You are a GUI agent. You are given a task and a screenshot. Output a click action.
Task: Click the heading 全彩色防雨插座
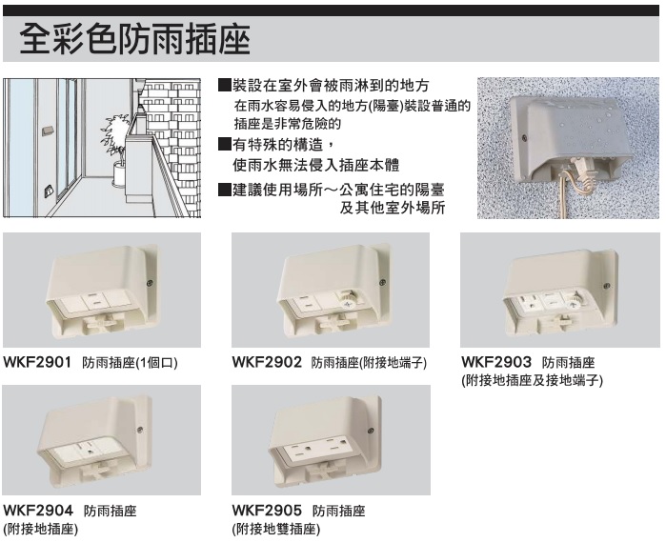point(135,39)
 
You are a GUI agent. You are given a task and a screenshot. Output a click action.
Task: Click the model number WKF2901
point(37,362)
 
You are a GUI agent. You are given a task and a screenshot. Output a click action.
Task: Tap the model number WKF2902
point(267,362)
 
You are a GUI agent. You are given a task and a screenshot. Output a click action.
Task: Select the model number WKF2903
point(496,362)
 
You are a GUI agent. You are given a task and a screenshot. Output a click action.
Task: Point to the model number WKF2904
point(38,510)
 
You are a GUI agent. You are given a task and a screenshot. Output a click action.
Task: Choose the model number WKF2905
point(267,510)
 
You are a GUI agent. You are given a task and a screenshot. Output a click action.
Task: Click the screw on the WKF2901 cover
point(150,283)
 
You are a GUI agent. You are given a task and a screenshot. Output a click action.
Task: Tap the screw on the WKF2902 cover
point(382,282)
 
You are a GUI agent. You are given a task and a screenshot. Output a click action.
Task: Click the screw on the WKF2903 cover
point(607,286)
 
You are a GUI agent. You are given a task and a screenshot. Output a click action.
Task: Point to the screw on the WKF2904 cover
point(140,430)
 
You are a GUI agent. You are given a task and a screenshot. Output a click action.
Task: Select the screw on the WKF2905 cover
point(371,431)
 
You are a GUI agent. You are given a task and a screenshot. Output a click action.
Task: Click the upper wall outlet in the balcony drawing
point(48,131)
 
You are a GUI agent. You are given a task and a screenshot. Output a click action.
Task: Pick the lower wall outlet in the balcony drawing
point(50,191)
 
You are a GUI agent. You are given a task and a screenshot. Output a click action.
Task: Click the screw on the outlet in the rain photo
point(525,137)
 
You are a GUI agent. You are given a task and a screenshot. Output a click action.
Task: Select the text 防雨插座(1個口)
point(130,363)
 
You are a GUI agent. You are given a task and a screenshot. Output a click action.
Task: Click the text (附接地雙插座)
point(276,529)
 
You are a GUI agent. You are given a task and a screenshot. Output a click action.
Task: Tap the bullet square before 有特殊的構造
point(224,145)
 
